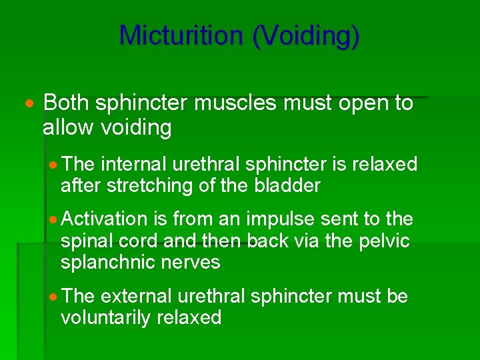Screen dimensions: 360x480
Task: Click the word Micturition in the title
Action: click(181, 35)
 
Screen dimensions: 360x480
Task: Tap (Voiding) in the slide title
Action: click(306, 35)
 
